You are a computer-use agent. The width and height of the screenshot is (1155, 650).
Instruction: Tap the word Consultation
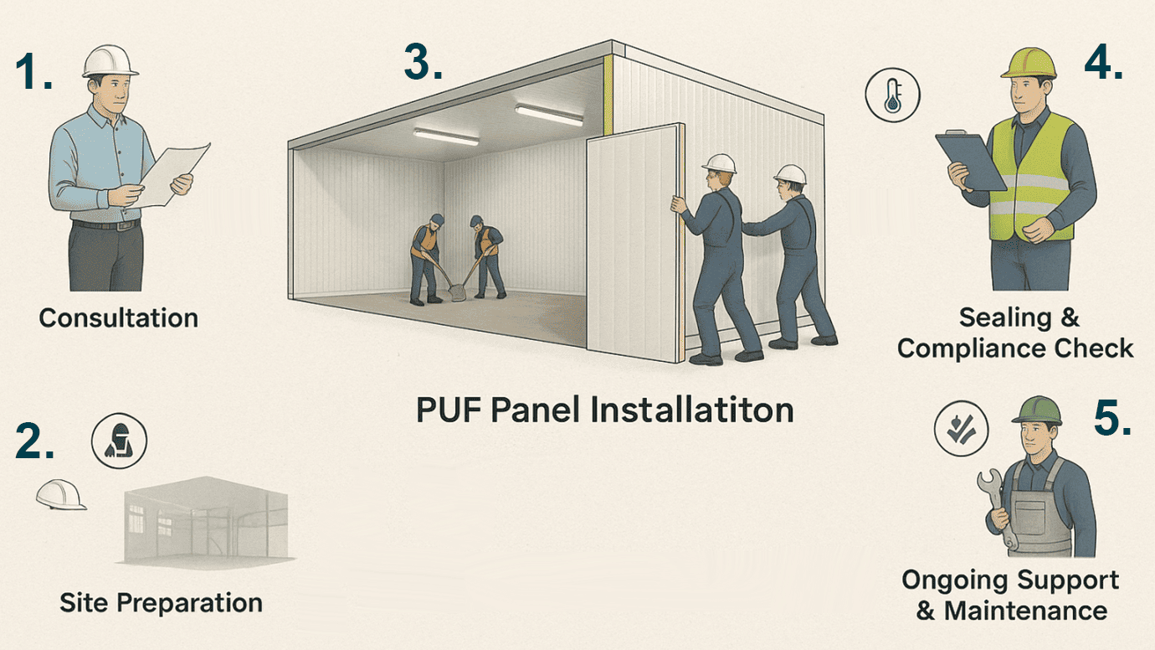click(x=118, y=318)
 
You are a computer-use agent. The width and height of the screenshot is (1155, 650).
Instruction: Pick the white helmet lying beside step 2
click(x=60, y=493)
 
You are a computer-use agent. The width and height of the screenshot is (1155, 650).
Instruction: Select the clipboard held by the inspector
click(x=971, y=161)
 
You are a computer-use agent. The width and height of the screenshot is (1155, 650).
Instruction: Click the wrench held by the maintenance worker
click(x=997, y=508)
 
